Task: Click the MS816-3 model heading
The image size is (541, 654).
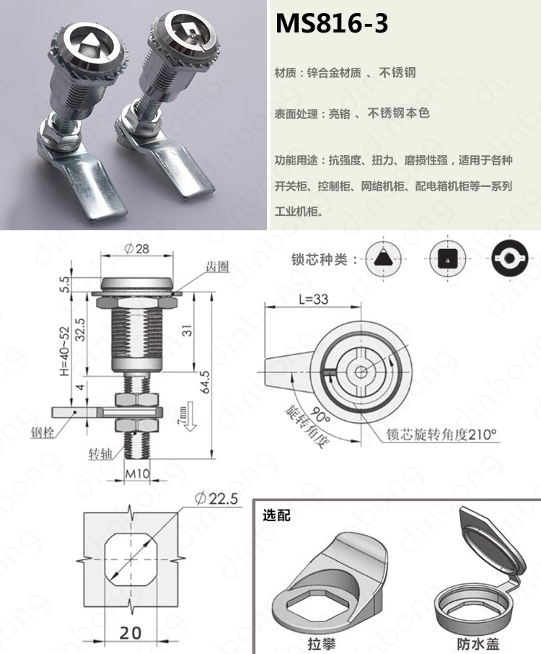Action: pos(332,23)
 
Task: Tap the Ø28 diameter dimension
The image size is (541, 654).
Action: pos(137,248)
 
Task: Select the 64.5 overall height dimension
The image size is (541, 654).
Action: pos(205,382)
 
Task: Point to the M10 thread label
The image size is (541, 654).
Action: pos(137,474)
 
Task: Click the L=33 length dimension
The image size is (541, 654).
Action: pos(314,299)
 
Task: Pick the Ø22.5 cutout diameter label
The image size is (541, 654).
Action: pos(216,498)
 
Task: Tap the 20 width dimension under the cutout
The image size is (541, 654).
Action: pos(131,633)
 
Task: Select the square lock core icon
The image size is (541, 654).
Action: pos(448,258)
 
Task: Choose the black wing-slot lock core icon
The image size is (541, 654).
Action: pos(509,258)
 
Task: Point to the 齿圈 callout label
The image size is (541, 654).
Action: pos(218,267)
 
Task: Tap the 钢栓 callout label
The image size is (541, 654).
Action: pos(43,432)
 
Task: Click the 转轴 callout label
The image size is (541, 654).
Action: pos(100,454)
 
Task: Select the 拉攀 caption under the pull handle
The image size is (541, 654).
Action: pos(321,644)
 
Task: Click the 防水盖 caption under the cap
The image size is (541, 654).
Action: pos(478,644)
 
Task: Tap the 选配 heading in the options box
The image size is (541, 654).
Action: pos(276,515)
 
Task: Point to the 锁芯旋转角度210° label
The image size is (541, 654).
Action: pos(441,435)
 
